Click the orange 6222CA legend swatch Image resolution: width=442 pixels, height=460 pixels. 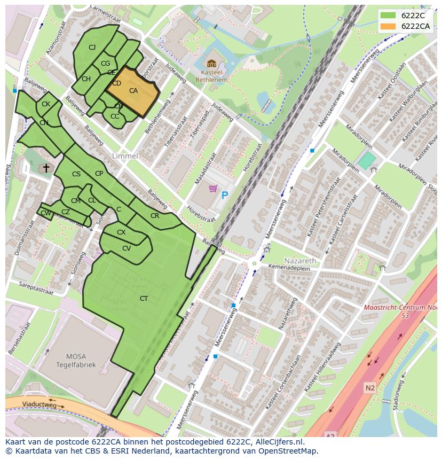[388, 26]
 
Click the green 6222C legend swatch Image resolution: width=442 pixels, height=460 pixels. [388, 15]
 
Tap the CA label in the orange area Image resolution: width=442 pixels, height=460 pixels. [133, 91]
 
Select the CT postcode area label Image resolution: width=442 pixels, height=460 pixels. [144, 298]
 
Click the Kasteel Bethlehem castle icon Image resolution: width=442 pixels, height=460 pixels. [211, 64]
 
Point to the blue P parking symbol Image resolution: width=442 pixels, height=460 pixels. [225, 196]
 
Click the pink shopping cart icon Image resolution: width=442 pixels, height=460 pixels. [213, 189]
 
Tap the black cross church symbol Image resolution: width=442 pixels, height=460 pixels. [46, 168]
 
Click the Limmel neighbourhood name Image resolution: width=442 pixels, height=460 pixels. [125, 156]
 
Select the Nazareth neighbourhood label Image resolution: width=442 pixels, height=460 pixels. [300, 260]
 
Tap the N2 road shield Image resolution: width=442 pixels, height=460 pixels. [370, 387]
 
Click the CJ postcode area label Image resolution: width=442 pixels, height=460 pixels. [92, 48]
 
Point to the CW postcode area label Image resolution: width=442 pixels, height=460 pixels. [46, 213]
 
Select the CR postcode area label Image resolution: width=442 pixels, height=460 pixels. [155, 216]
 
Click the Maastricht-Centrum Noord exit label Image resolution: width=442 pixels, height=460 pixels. [400, 311]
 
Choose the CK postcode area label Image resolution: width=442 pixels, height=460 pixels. [46, 104]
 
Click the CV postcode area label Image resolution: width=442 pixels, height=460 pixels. [127, 248]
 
